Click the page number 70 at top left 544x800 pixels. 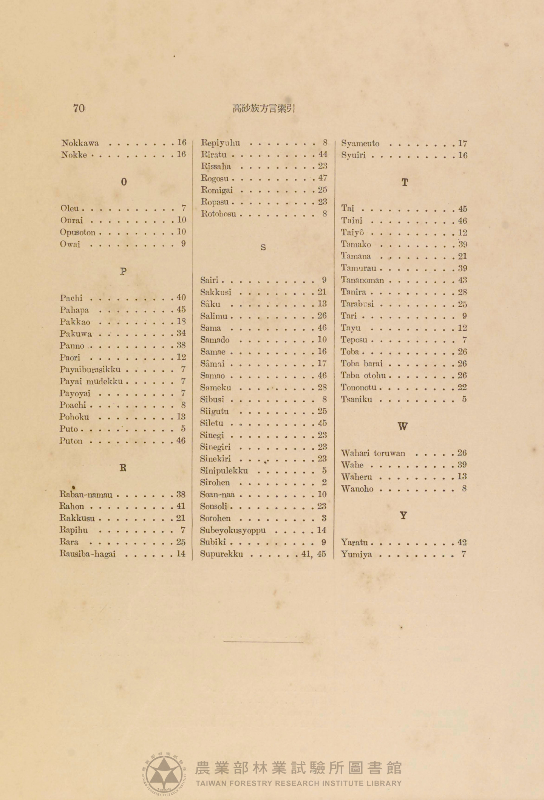pyautogui.click(x=79, y=108)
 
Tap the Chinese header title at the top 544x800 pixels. pyautogui.click(x=264, y=109)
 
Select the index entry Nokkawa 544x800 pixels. pyautogui.click(x=80, y=143)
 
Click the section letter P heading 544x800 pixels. pyautogui.click(x=123, y=271)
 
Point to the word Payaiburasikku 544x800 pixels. pyautogui.click(x=90, y=369)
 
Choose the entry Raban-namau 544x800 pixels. pyautogui.click(x=86, y=494)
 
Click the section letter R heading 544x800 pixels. pyautogui.click(x=123, y=468)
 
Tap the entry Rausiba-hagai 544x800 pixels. pyautogui.click(x=87, y=554)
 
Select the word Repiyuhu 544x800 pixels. pyautogui.click(x=220, y=143)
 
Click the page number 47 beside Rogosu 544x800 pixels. pyautogui.click(x=322, y=178)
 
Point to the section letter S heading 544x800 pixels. pyautogui.click(x=263, y=248)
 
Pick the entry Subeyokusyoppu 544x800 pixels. pyautogui.click(x=233, y=530)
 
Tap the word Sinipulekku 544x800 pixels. pyautogui.click(x=224, y=470)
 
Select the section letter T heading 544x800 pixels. pyautogui.click(x=405, y=183)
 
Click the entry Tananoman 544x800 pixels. pyautogui.click(x=362, y=280)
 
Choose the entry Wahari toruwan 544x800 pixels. pyautogui.click(x=373, y=453)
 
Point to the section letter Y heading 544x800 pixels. pyautogui.click(x=403, y=516)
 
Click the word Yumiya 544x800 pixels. pyautogui.click(x=356, y=554)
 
